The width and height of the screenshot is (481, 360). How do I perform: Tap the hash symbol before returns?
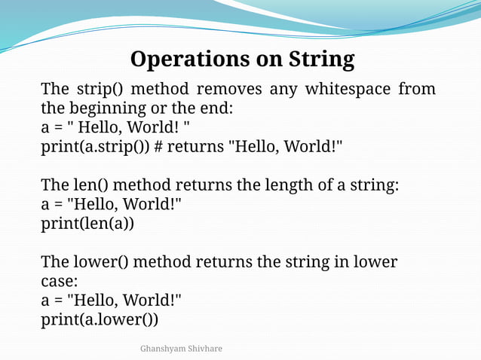point(159,147)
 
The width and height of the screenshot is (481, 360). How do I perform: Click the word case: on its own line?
point(59,281)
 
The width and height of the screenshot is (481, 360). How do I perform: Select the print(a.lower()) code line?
point(100,319)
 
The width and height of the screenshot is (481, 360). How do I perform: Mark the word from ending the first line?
point(417,90)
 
